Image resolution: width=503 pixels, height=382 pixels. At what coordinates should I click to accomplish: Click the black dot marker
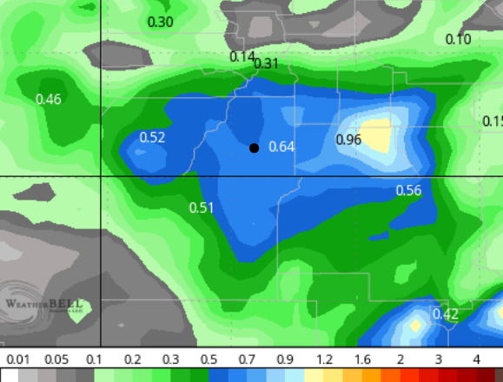click(x=254, y=148)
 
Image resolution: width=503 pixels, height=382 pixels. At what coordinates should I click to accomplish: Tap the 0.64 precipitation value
click(x=281, y=146)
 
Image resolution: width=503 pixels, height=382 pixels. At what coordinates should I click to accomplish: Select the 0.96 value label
click(x=348, y=140)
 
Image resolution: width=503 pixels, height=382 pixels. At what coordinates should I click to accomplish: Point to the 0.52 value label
click(x=152, y=137)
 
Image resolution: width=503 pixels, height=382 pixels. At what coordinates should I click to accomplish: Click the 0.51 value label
click(x=202, y=207)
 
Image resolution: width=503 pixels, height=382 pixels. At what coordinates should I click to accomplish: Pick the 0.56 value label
click(x=408, y=190)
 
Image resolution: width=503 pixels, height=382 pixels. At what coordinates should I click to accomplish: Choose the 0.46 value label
click(x=49, y=99)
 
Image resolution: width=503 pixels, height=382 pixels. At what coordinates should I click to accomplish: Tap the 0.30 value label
click(x=161, y=22)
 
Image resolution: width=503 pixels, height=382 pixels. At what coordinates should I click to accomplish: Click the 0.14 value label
click(x=242, y=56)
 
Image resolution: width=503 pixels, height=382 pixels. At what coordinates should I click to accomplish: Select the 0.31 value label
click(x=266, y=63)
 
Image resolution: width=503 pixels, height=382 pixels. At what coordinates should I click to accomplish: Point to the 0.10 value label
click(x=458, y=39)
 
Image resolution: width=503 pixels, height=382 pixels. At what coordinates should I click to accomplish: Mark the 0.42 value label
click(x=445, y=313)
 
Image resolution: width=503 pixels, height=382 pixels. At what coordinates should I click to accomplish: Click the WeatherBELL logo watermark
click(x=43, y=303)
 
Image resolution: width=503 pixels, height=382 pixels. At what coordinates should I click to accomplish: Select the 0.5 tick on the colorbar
click(x=209, y=359)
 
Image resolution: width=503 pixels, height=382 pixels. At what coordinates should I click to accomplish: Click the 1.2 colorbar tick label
click(x=323, y=359)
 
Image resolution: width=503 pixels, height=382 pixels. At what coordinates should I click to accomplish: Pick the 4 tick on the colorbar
click(x=476, y=359)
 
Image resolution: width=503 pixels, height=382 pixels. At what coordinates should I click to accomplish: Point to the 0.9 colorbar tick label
click(x=285, y=359)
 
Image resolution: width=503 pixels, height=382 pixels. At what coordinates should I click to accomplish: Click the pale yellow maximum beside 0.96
click(x=377, y=135)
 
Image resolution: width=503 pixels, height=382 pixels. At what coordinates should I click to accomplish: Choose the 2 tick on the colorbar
click(x=400, y=359)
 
